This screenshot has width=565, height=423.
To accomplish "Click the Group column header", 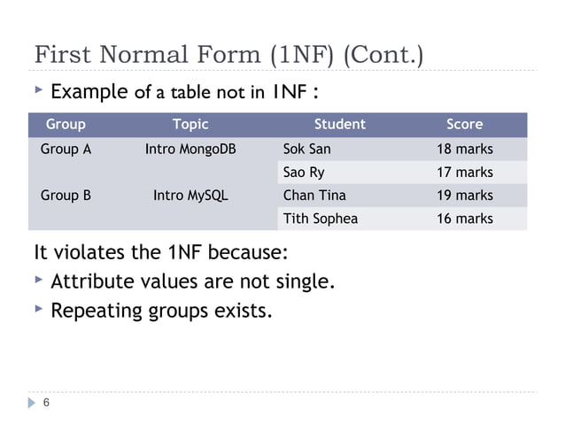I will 66,125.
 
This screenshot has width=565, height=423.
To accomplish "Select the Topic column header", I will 190,125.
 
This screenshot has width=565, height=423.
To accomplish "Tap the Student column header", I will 340,125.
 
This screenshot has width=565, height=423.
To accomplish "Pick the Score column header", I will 465,125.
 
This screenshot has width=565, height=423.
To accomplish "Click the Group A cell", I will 66,149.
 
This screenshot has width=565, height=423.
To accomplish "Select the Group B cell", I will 66,195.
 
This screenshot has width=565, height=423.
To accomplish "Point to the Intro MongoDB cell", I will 190,149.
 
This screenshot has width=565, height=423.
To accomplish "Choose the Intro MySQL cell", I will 190,195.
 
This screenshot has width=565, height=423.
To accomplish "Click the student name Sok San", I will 306,149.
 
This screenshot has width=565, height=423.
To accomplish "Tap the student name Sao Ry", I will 304,172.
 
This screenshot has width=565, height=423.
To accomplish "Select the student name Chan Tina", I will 314,195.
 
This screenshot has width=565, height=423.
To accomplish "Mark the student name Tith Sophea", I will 320,218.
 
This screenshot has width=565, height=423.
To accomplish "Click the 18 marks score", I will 465,149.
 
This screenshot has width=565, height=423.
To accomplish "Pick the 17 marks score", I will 465,172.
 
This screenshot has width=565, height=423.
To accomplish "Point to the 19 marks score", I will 465,195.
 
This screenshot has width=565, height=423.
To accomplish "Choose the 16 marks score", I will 465,218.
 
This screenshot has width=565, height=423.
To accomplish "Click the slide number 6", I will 46,404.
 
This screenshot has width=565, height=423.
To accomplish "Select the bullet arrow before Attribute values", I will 38,281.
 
